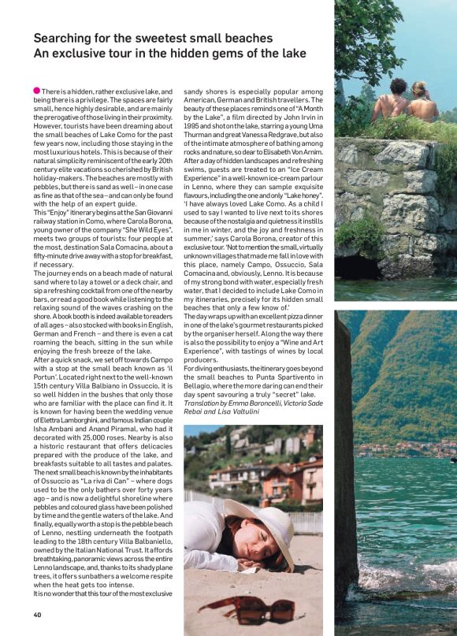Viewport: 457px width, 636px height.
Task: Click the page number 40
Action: (37, 615)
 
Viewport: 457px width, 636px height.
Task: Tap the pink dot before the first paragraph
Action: (37, 91)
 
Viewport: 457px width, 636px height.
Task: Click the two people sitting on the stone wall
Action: (406, 102)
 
